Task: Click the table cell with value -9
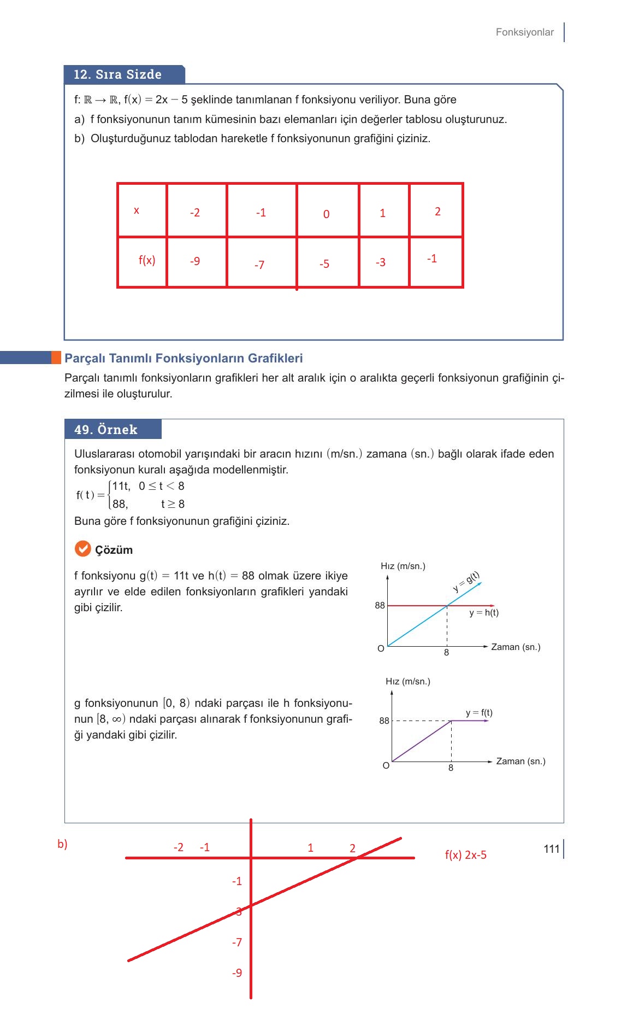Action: click(195, 261)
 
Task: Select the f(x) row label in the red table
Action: click(147, 260)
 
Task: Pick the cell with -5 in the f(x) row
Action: click(324, 264)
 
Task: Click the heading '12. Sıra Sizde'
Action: click(118, 74)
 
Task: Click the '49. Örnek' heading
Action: click(106, 430)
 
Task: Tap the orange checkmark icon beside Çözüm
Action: click(82, 549)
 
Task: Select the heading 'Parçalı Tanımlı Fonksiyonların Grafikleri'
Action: click(184, 358)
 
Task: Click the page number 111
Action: click(552, 849)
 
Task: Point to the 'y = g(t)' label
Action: click(466, 582)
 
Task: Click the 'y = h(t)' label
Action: click(484, 613)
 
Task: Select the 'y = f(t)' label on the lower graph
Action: click(479, 713)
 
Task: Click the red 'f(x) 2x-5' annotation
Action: click(465, 855)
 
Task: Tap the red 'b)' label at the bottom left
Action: click(62, 844)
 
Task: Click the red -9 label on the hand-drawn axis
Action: click(237, 973)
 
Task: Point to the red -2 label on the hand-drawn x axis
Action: click(179, 847)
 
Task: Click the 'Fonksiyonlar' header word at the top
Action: click(524, 32)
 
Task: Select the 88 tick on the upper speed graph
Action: click(380, 605)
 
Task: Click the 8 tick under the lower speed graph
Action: click(451, 768)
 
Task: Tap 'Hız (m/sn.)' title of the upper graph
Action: click(403, 566)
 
